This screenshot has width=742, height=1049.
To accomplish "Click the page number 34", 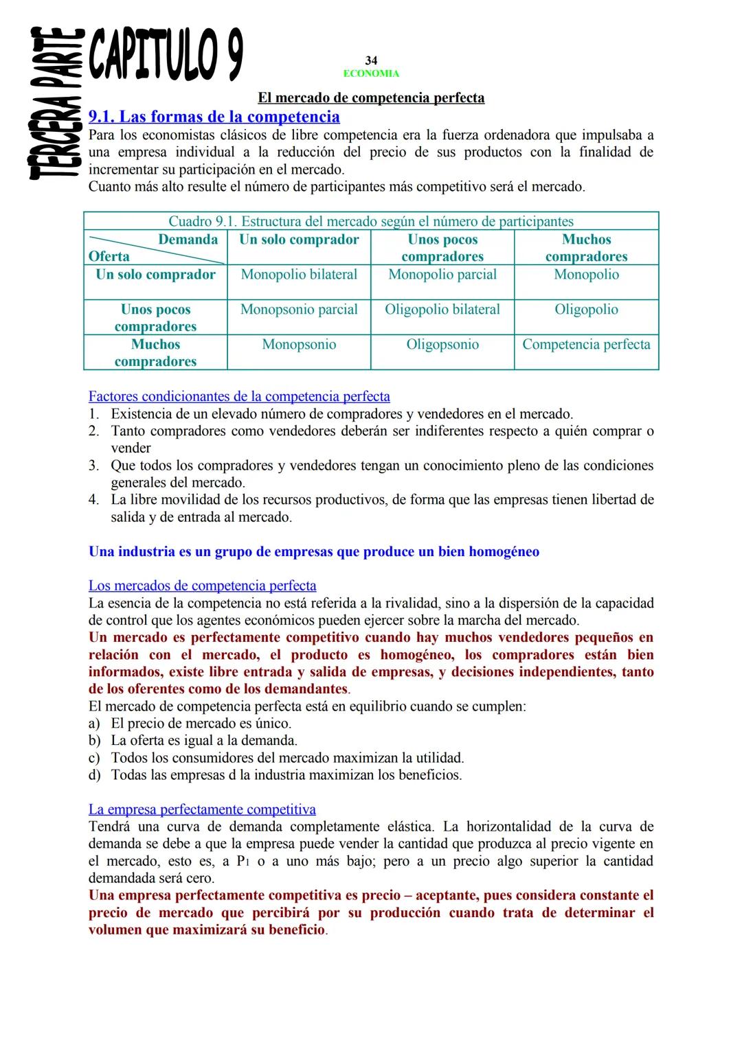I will [x=371, y=61].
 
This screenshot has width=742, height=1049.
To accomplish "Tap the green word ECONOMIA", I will [x=371, y=73].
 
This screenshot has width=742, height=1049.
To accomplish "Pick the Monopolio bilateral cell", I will [x=299, y=275].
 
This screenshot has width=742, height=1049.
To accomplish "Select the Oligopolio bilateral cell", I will [x=442, y=310].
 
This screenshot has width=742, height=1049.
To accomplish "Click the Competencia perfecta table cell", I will [x=586, y=345].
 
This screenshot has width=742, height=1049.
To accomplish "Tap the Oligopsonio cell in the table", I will [x=442, y=345].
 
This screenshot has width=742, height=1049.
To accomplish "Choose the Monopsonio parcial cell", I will [x=299, y=310].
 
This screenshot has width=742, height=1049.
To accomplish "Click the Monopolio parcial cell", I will [x=442, y=275].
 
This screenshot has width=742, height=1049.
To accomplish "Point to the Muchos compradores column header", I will [x=586, y=248].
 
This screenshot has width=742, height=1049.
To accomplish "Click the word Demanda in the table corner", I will [x=188, y=240].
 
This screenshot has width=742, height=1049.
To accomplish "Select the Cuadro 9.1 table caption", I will [x=371, y=221].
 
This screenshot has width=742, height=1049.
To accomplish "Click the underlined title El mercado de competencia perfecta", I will [x=371, y=97].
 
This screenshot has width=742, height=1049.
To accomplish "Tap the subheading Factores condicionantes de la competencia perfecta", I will [x=239, y=396].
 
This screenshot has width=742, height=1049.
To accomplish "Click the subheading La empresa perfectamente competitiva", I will [x=202, y=809].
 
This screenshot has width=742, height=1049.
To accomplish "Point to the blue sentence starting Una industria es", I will [x=314, y=551].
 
